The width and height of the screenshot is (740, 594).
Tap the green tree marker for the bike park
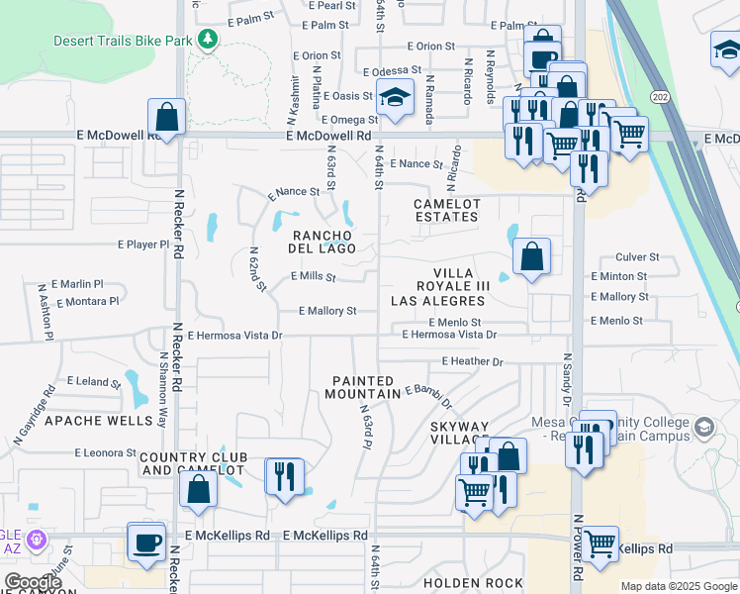pos(207,39)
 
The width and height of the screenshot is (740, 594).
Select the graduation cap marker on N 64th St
pos(394,98)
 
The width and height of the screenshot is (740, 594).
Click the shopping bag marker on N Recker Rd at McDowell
pos(167,116)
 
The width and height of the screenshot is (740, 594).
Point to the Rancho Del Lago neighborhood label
pos(322,242)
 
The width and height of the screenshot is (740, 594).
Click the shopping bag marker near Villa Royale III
pos(531,257)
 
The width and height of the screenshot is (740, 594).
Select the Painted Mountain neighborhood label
pos(363,387)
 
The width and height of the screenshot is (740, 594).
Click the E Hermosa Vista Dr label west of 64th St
pos(235,336)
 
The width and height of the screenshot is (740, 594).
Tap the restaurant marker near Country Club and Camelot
pos(284,476)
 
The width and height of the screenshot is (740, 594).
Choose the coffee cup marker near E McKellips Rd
pos(147,543)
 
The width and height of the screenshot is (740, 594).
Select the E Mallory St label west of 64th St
pos(327,311)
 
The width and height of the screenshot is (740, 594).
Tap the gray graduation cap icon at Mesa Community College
pos(703,428)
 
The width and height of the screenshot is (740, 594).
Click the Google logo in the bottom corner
pos(33,582)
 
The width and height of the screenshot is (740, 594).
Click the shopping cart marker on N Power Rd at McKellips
pos(600,544)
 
